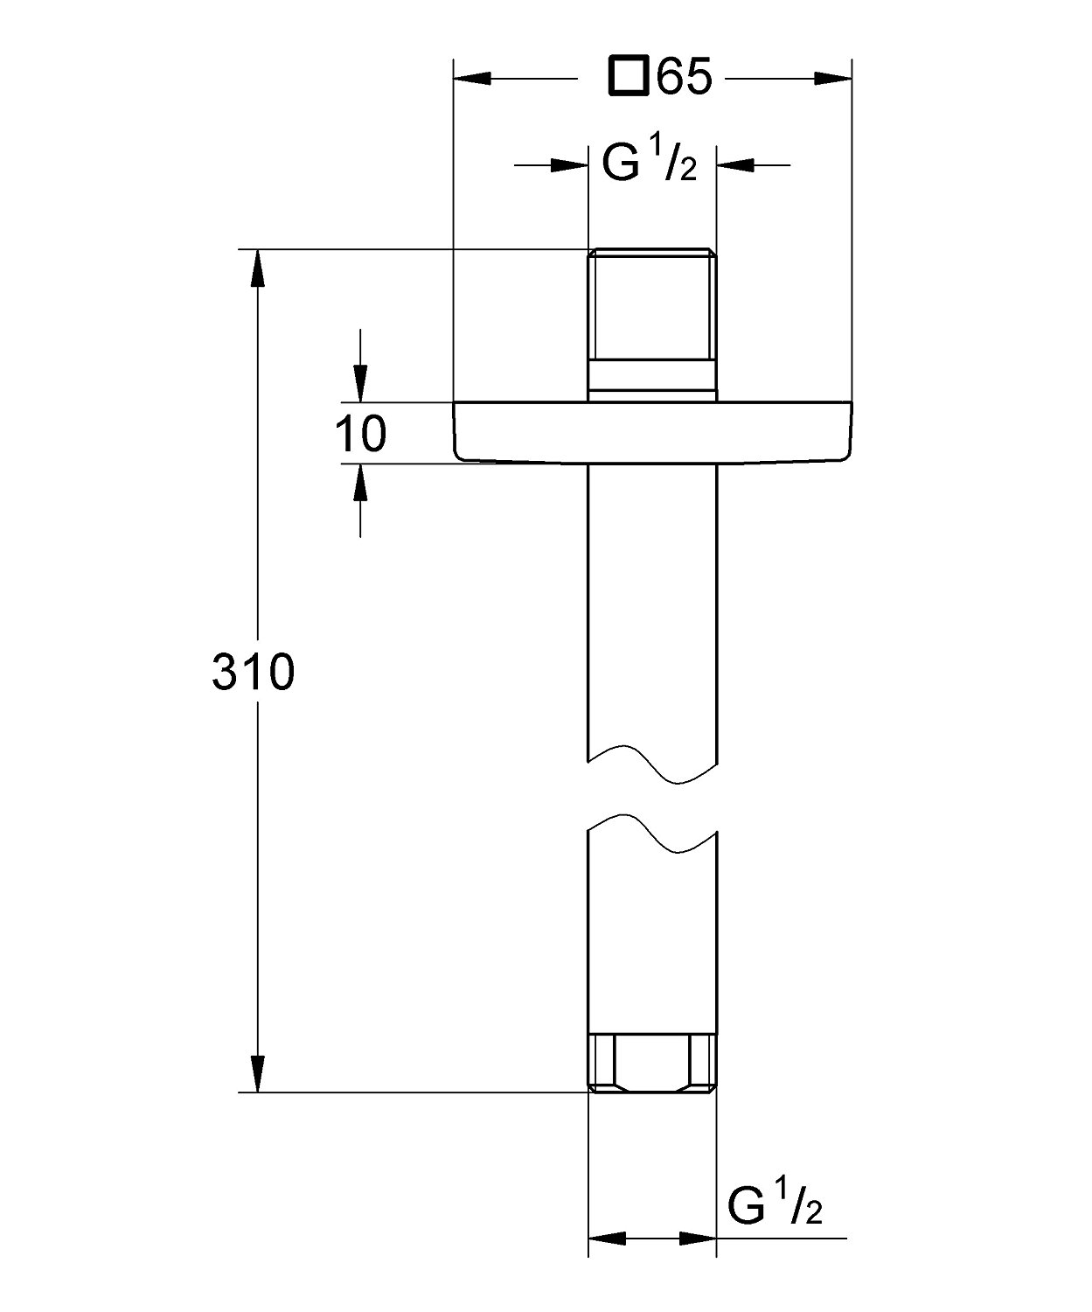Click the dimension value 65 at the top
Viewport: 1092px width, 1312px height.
click(x=684, y=77)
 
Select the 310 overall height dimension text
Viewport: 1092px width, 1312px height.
click(x=254, y=672)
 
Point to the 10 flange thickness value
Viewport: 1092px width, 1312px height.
click(x=361, y=434)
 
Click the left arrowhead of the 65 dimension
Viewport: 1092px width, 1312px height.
click(x=472, y=79)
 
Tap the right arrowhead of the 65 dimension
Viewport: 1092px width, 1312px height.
click(x=833, y=79)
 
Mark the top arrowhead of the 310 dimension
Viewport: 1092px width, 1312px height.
click(x=257, y=269)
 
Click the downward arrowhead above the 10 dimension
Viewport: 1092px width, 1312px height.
click(x=360, y=383)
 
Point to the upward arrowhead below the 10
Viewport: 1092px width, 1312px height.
click(x=360, y=483)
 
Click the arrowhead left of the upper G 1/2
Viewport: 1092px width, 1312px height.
click(x=569, y=165)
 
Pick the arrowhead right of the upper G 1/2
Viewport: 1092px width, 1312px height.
click(x=735, y=165)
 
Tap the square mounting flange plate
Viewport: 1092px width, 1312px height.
click(x=653, y=433)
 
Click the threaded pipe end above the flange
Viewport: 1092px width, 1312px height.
click(x=652, y=304)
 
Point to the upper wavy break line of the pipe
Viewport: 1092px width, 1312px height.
click(x=652, y=764)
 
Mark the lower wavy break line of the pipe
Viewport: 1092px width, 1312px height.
click(x=652, y=834)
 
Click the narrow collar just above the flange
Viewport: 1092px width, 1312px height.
click(x=652, y=380)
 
